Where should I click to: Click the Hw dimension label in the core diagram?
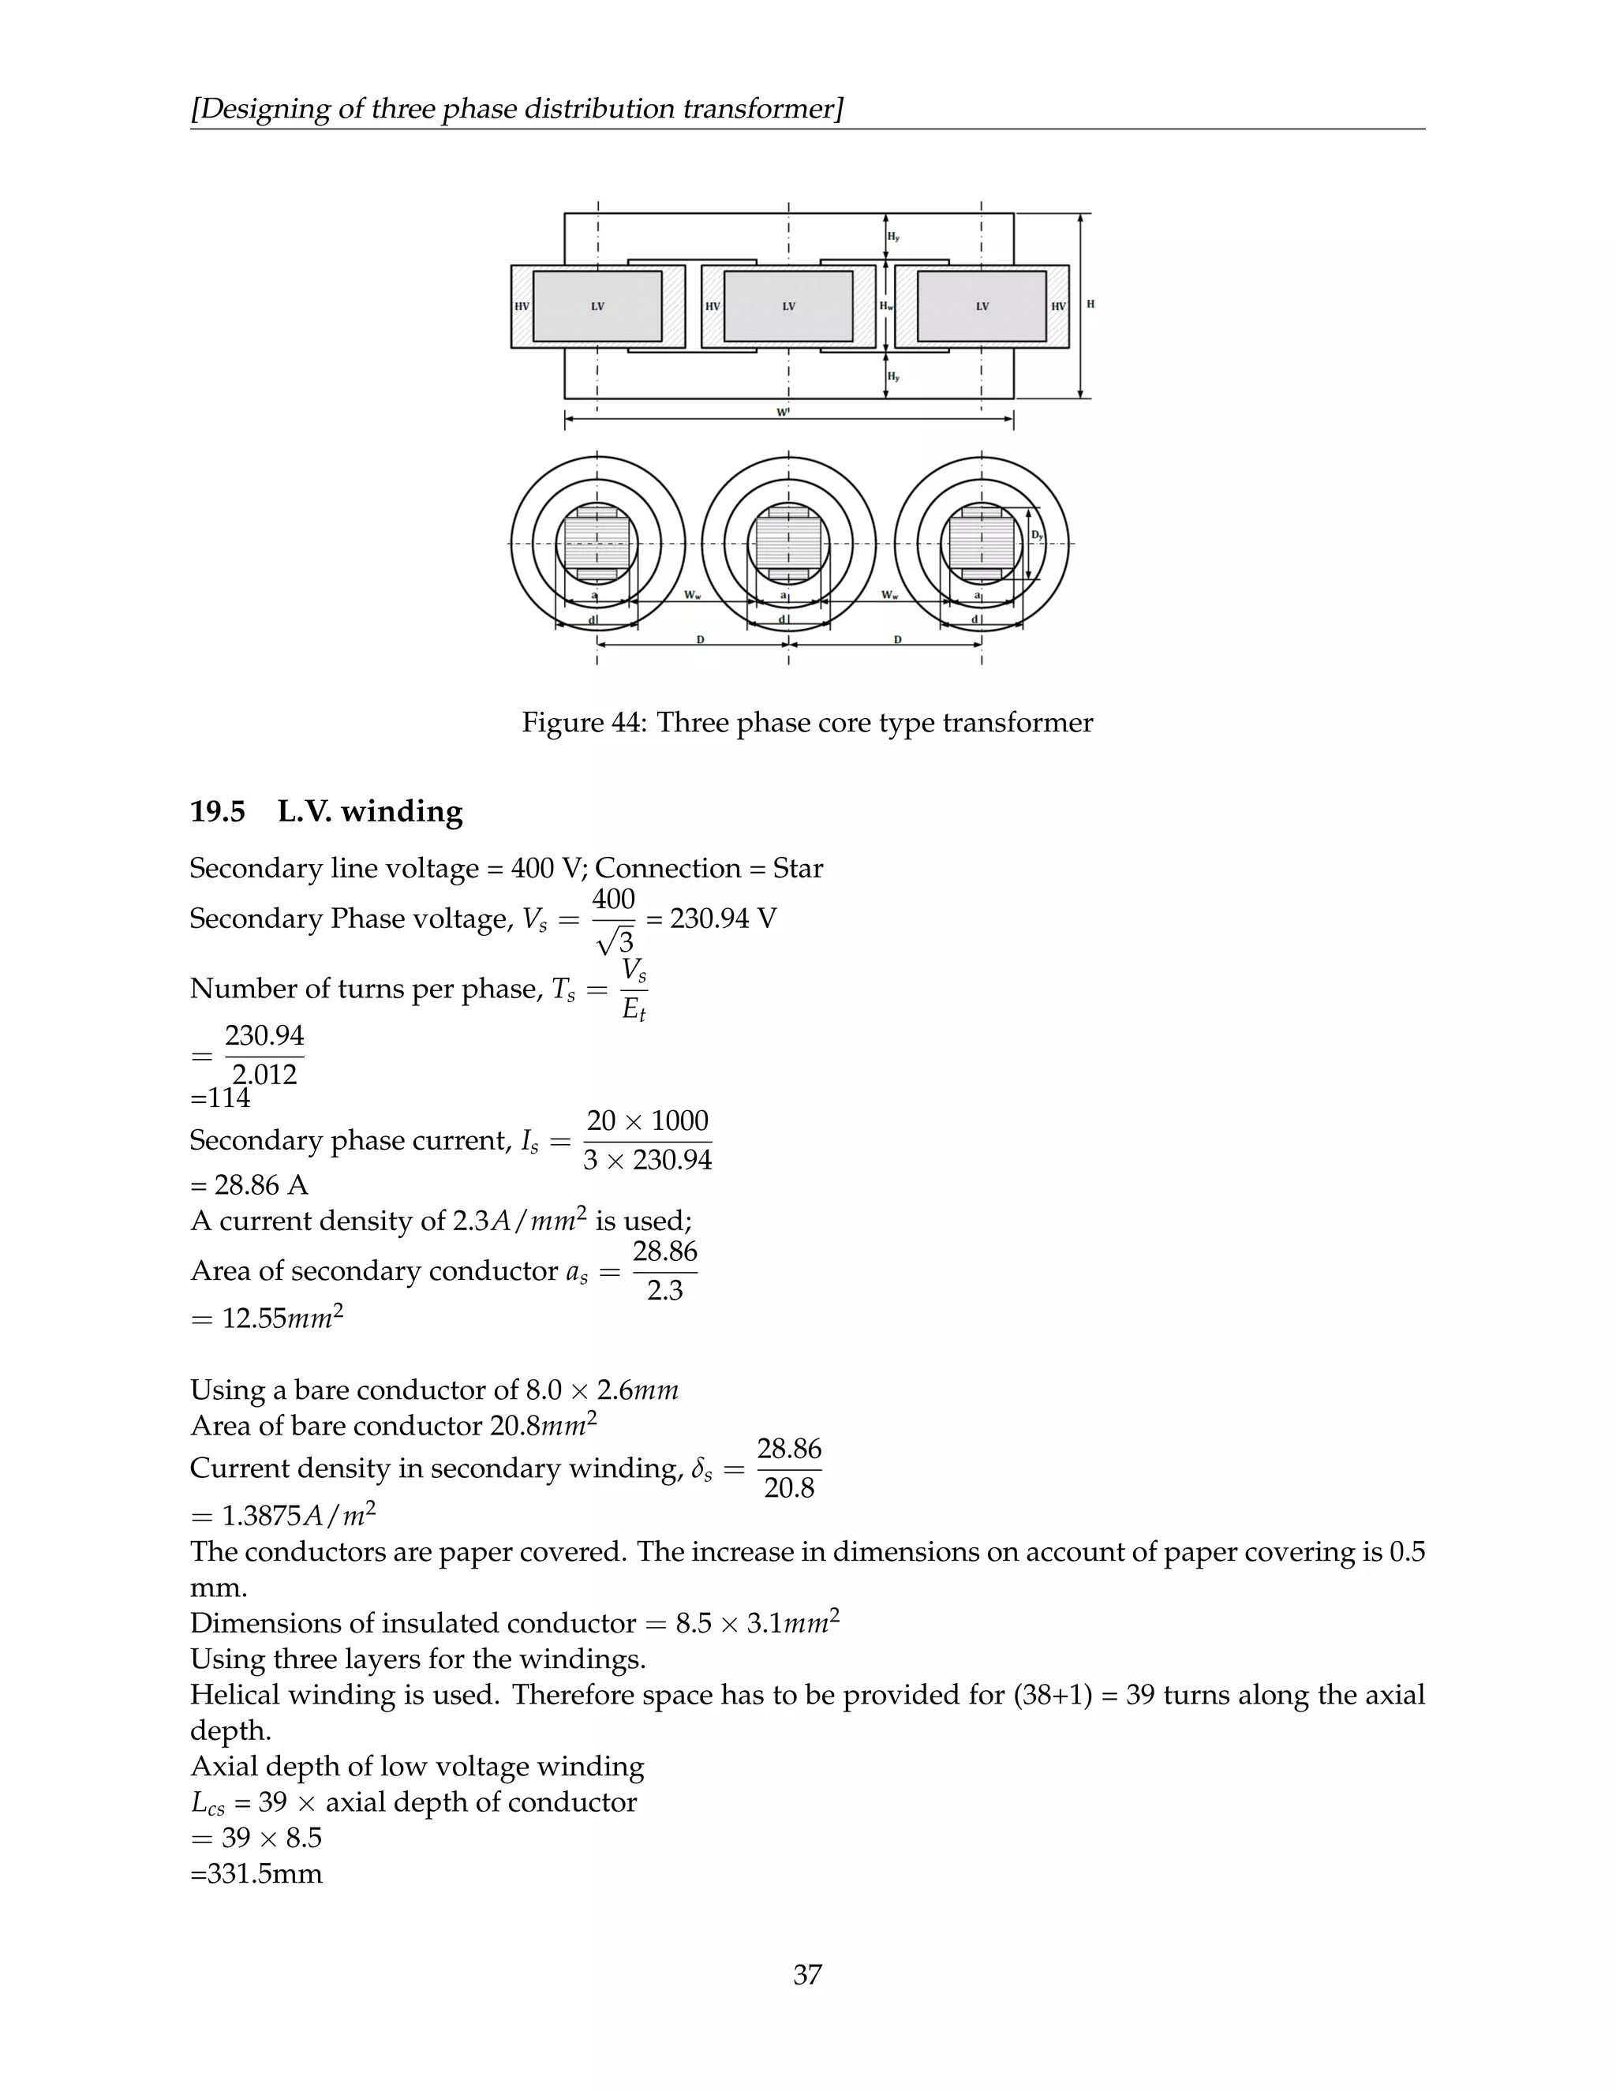[x=886, y=307]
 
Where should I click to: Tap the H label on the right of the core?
[x=1090, y=305]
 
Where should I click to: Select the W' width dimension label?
[x=783, y=413]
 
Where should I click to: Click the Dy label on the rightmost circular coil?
[x=1038, y=535]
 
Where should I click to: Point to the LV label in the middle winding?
[x=789, y=307]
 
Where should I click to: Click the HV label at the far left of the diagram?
[x=522, y=307]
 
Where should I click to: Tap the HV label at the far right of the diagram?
[x=1058, y=307]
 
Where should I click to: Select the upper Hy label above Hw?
[x=893, y=237]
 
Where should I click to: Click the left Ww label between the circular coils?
[x=692, y=596]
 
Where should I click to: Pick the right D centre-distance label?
[x=897, y=638]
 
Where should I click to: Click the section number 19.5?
[x=217, y=812]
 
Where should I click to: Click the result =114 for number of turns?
[x=220, y=1098]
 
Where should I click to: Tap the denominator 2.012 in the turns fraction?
[x=264, y=1074]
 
